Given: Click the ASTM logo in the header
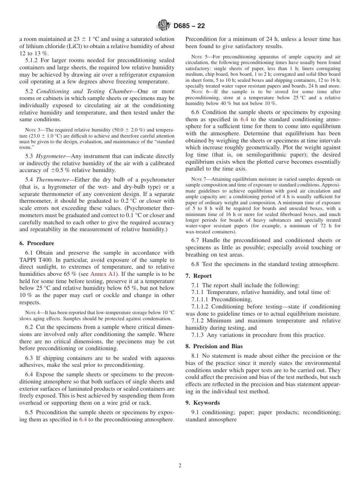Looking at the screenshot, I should pyautogui.click(x=164, y=26).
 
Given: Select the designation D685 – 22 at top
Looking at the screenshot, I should pyautogui.click(x=189, y=26).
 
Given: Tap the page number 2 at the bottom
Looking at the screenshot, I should pyautogui.click(x=180, y=466).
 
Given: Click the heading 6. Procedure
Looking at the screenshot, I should pyautogui.click(x=36, y=243).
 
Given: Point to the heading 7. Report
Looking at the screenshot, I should pyautogui.click(x=199, y=276).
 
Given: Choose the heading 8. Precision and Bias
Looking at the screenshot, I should pyautogui.click(x=214, y=346).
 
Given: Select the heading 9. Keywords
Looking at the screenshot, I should pyautogui.click(x=202, y=403).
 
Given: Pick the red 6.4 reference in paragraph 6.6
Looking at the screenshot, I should pyautogui.click(x=245, y=119).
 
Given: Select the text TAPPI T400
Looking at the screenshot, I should pyautogui.click(x=36, y=260).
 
